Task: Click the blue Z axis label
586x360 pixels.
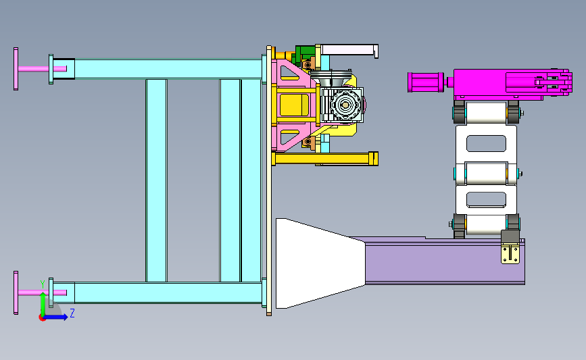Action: [72, 313]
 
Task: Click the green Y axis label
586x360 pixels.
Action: [43, 284]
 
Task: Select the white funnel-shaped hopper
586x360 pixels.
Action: [320, 263]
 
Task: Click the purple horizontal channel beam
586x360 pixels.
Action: [445, 261]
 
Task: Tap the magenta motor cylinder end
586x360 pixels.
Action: [425, 82]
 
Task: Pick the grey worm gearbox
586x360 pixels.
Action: [342, 105]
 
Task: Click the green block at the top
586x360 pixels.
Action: [305, 52]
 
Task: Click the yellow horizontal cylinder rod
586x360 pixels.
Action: [324, 159]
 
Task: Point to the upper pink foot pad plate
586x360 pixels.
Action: [16, 69]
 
